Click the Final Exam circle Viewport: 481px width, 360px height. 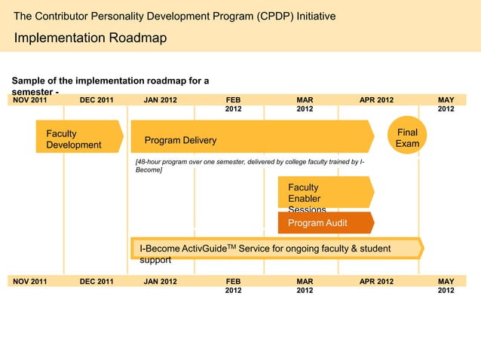[407, 137]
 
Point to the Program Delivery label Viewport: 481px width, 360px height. [180, 140]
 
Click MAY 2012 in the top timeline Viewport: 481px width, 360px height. [446, 104]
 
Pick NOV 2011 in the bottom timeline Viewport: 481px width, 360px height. [30, 282]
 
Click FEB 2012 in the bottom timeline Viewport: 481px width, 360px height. [234, 285]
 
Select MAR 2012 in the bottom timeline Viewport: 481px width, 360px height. [305, 285]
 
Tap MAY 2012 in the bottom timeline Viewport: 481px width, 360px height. [446, 285]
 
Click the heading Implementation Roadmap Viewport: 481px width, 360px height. [90, 38]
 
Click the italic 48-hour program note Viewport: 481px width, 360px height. [249, 166]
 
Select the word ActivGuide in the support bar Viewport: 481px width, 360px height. [204, 249]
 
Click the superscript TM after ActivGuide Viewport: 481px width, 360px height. [231, 246]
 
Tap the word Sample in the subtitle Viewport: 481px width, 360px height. [27, 81]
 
